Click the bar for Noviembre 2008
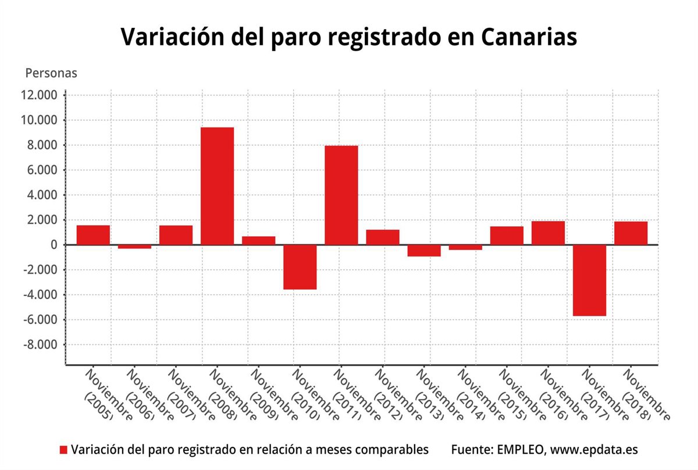(x=217, y=186)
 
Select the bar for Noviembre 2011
(x=341, y=195)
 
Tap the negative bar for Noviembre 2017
(x=589, y=280)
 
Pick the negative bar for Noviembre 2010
(x=300, y=267)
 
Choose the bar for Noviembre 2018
(x=631, y=233)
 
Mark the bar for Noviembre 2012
(x=382, y=237)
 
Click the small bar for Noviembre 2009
(x=258, y=240)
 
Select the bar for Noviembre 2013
(x=423, y=251)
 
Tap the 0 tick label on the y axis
(x=53, y=245)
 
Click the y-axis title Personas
(x=51, y=73)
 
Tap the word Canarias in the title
(x=529, y=36)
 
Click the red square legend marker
(x=64, y=450)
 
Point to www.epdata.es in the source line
(x=594, y=450)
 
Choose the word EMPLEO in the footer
(x=519, y=450)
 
